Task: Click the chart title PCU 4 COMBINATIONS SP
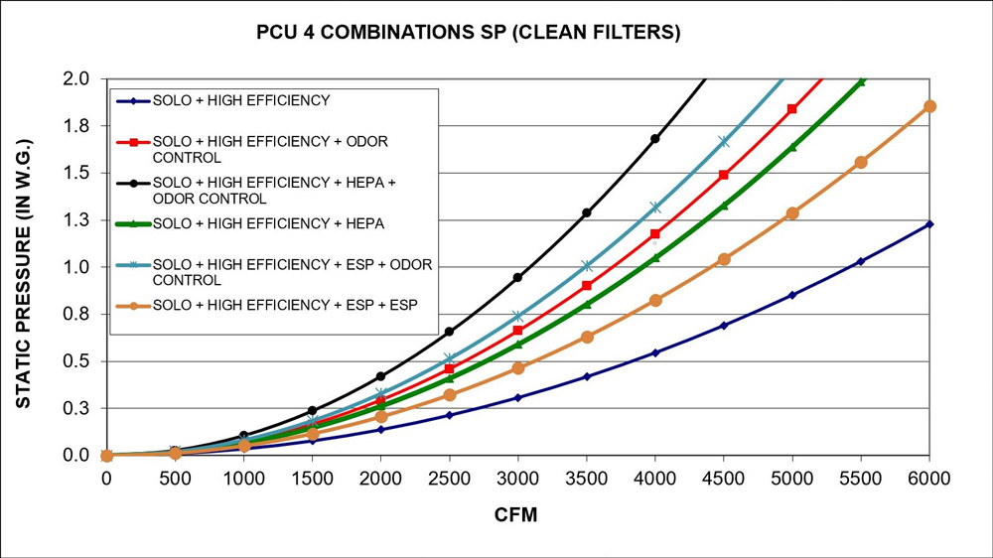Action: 468,33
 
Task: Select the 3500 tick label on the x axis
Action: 586,478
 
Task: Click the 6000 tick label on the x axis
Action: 929,478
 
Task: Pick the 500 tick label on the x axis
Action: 175,478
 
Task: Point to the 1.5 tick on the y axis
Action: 76,173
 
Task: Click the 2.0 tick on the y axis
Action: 76,78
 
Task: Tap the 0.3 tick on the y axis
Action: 76,408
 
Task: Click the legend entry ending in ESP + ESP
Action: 285,303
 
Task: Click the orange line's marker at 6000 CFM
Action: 929,106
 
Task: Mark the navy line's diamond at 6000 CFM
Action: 929,224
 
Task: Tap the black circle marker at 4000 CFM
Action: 655,139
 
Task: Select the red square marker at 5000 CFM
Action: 792,109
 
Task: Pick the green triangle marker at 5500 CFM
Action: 861,81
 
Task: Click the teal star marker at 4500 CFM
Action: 724,142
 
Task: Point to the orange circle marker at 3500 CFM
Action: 587,338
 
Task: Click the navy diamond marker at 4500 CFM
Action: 724,326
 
